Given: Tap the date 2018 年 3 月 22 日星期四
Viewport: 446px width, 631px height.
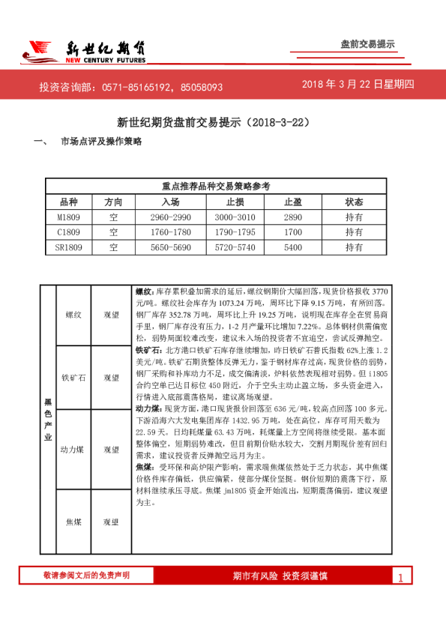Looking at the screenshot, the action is coord(358,85).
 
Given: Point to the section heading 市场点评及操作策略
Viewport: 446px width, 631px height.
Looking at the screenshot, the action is coord(101,141).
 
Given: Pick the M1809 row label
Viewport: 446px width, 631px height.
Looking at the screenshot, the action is coord(68,217).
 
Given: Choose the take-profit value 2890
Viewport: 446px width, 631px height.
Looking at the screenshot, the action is coord(293,217).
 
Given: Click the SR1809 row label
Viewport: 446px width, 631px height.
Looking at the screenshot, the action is coord(68,246).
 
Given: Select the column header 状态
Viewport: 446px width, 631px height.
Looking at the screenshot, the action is coord(354,202).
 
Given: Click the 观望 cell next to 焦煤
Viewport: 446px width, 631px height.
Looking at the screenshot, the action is coord(112,521).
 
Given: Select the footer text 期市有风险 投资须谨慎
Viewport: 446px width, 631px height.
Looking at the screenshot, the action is coord(280,576).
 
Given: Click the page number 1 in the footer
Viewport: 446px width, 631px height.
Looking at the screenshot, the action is coord(401,577).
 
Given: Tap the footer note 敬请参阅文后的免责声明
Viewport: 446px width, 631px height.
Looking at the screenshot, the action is coord(86,575).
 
